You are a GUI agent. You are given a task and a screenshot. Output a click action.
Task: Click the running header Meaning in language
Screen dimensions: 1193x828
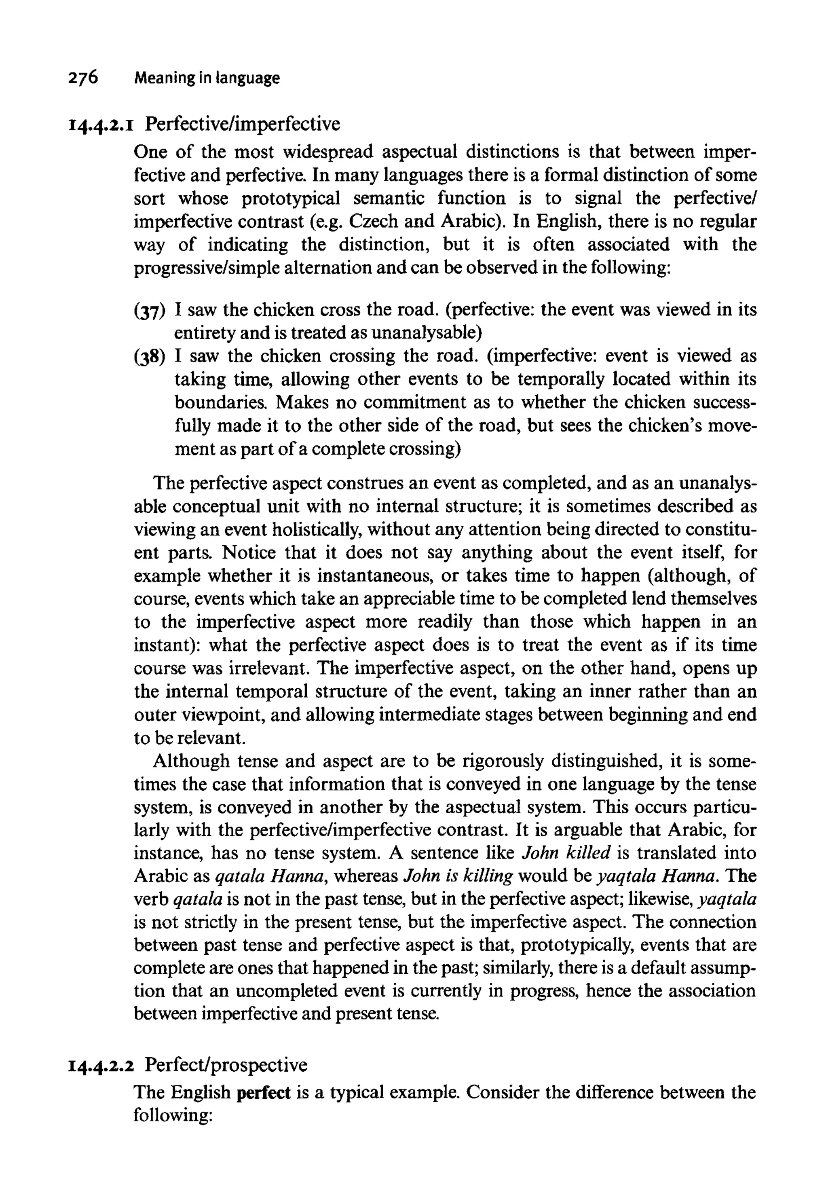coord(207,78)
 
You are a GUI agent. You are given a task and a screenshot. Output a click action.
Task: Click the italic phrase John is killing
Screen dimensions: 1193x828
coord(458,876)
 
